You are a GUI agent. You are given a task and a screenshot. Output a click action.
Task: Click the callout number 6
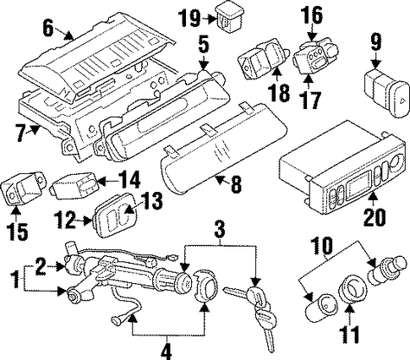pos(48,28)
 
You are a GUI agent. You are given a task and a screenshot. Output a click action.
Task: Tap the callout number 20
pos(374,217)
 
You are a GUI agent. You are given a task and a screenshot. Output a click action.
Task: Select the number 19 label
pos(189,18)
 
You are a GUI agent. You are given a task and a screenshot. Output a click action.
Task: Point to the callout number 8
pos(236,184)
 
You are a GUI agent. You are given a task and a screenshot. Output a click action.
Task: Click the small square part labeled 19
pos(229,19)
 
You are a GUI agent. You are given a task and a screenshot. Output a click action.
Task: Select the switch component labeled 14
pos(74,185)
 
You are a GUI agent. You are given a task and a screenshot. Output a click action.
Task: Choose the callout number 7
pos(19,134)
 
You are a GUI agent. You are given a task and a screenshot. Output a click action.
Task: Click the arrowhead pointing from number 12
pos(90,221)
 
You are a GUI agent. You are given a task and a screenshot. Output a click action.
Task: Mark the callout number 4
pos(167,352)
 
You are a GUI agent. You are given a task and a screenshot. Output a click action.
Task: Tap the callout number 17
pos(311,100)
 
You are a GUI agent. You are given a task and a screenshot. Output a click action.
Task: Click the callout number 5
pos(203,46)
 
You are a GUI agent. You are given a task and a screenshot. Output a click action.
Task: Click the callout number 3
pos(220,230)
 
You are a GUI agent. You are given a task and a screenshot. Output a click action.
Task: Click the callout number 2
pos(41,265)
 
